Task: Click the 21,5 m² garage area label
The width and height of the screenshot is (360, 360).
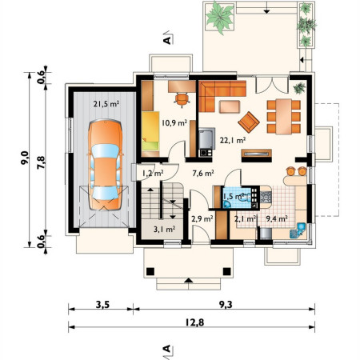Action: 106,104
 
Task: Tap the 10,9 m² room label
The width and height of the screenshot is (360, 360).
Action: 174,122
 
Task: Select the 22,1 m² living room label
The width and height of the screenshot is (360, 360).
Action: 233,140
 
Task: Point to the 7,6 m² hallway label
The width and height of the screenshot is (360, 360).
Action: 203,174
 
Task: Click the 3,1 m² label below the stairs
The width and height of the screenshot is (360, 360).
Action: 164,229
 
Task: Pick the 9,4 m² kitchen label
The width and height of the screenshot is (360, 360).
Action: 277,218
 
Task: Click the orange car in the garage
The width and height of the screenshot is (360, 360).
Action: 105,165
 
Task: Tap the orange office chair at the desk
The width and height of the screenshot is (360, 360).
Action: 182,99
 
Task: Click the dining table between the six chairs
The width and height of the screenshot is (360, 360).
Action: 284,116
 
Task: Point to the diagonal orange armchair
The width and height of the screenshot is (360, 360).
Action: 249,122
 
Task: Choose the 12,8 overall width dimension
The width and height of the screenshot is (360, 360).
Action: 194,322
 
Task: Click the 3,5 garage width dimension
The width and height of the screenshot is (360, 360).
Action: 102,305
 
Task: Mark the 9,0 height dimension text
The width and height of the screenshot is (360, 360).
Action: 25,158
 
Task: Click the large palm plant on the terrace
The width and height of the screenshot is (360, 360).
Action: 220,17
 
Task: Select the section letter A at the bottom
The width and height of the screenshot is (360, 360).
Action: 166,348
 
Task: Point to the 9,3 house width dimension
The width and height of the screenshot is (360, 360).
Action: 226,305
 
